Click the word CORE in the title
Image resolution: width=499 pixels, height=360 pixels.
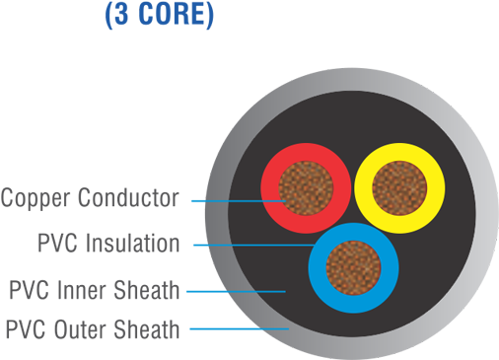pyautogui.click(x=176, y=16)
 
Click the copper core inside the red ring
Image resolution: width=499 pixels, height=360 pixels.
pyautogui.click(x=306, y=186)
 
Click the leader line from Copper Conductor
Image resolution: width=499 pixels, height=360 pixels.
pyautogui.click(x=227, y=201)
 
